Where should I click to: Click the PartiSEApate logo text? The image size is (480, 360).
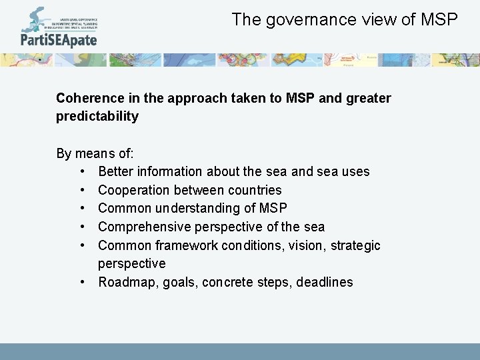[59, 40]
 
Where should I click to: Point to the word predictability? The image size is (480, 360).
[97, 117]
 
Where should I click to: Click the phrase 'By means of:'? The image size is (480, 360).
[95, 153]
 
